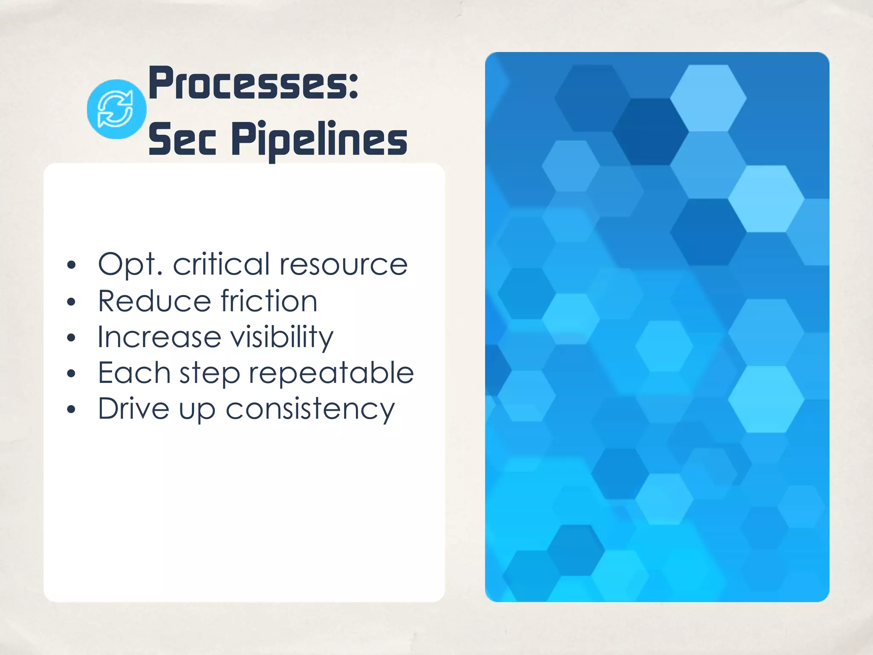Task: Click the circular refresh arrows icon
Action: point(116,109)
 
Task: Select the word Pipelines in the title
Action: point(319,139)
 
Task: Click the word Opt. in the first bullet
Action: point(130,265)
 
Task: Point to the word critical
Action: point(221,264)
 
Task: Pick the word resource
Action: point(344,265)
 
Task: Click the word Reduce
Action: point(154,301)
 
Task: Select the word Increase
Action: point(159,337)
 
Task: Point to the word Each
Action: point(134,373)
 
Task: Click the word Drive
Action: point(133,409)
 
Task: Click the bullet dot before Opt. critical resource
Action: point(71,265)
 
